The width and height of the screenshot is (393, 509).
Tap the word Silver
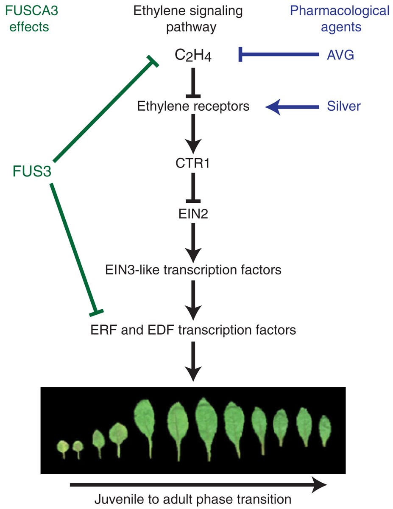coord(343,106)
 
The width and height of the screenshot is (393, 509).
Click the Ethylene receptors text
coord(193,106)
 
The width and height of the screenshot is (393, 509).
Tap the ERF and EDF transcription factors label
coord(193,329)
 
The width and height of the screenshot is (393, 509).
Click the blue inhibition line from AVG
coord(280,54)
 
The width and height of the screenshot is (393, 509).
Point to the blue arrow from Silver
coord(293,106)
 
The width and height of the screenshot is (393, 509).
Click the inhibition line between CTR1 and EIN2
coord(193,187)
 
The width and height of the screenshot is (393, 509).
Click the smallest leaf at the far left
coord(63,447)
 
